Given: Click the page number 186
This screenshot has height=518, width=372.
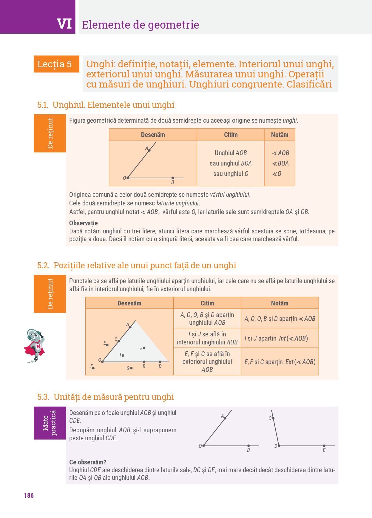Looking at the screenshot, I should [x=29, y=495].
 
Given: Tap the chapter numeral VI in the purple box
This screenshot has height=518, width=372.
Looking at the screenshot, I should [x=64, y=24].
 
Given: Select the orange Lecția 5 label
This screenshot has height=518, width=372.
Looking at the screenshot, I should [x=55, y=64].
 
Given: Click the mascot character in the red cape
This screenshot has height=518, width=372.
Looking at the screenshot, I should [x=34, y=345].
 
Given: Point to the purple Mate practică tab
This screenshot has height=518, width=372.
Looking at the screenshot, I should [x=50, y=423].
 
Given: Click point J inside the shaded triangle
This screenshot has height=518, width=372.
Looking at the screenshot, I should [x=144, y=348].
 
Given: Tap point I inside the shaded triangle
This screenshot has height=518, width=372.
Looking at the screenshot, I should [x=123, y=355].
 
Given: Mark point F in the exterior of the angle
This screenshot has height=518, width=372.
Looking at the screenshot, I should [x=93, y=368].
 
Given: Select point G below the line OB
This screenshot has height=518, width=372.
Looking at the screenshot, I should [x=131, y=368].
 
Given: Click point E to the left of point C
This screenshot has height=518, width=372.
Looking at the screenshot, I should [x=107, y=345].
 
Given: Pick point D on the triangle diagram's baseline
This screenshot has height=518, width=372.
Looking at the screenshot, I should [x=160, y=362].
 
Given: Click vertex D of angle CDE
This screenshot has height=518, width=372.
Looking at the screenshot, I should [x=279, y=446].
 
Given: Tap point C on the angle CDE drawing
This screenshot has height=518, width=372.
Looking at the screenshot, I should [x=273, y=418].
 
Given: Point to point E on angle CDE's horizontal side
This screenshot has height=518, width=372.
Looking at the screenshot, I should [x=324, y=446].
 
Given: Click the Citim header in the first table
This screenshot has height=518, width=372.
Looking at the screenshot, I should [x=231, y=135].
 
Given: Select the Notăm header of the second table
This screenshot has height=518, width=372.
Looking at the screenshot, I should [x=280, y=303].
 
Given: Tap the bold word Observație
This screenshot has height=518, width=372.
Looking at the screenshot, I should [x=84, y=223].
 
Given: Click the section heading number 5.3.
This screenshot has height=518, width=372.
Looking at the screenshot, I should [x=43, y=397].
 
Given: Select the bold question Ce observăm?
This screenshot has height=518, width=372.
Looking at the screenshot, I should [x=88, y=462].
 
